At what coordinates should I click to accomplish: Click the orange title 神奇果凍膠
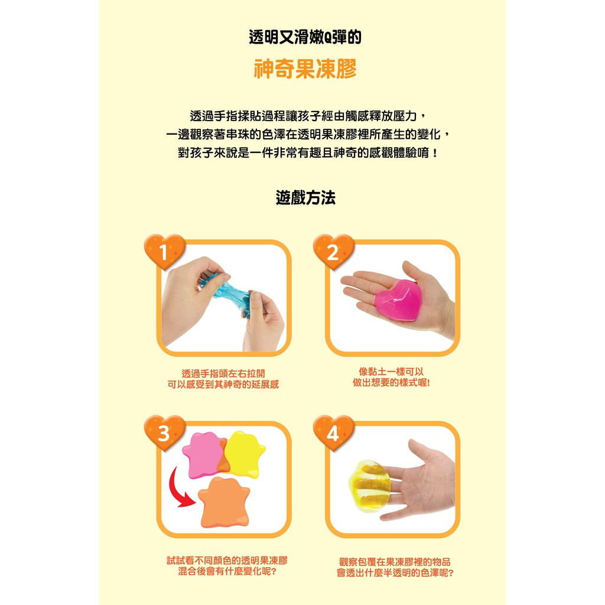305,69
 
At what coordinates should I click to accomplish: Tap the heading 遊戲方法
305,197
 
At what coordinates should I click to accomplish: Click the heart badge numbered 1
165,251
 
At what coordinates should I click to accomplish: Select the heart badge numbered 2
334,251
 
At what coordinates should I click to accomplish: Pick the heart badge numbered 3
165,432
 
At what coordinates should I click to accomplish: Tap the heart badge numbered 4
334,432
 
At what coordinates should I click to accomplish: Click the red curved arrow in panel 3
180,488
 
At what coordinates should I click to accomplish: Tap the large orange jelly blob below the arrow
225,502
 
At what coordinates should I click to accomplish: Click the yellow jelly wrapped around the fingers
369,486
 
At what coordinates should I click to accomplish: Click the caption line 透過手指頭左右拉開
223,373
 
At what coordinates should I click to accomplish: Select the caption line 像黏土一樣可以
391,372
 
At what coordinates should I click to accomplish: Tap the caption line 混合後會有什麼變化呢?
227,571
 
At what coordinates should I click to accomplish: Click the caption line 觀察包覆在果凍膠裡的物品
395,562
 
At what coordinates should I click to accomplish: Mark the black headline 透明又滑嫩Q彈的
305,37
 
